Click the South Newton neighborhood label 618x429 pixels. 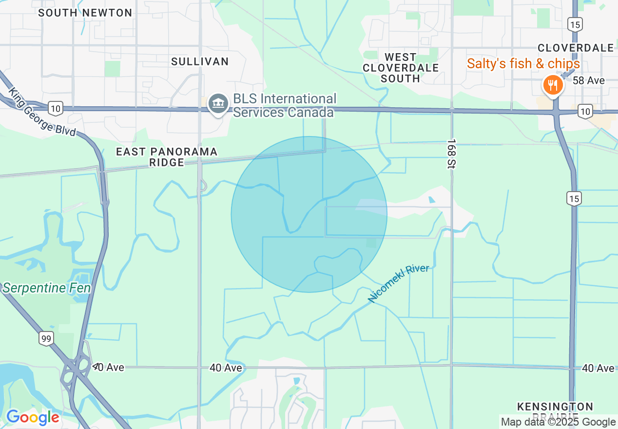click(85, 13)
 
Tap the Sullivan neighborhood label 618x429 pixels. click(200, 61)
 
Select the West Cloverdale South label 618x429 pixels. click(401, 68)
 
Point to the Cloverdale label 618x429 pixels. click(576, 48)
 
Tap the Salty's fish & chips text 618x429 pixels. click(523, 64)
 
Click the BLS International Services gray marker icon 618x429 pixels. click(218, 104)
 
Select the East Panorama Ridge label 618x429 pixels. click(167, 157)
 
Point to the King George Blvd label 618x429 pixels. click(42, 112)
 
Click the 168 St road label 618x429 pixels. click(450, 154)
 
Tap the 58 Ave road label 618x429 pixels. click(589, 80)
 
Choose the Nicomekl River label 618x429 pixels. click(399, 283)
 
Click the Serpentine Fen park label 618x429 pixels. click(46, 288)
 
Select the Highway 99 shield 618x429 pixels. click(46, 338)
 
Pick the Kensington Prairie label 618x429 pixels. click(555, 411)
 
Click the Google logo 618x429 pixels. click(33, 417)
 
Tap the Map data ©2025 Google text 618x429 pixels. click(559, 422)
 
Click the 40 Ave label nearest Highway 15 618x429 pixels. click(598, 369)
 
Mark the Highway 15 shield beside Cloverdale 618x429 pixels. click(574, 24)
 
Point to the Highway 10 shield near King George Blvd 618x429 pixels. click(56, 108)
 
